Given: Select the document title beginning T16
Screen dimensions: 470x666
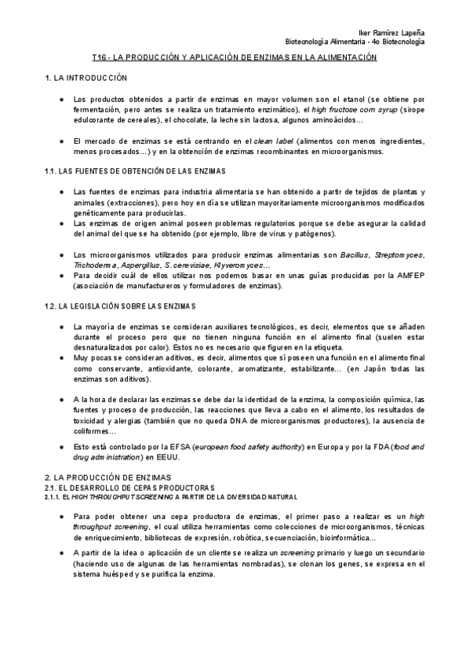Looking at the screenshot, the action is tap(235, 58).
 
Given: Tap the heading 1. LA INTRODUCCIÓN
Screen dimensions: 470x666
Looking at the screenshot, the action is tap(82, 79).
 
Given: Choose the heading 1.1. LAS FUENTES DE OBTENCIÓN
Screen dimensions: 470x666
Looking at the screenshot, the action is tap(135, 171).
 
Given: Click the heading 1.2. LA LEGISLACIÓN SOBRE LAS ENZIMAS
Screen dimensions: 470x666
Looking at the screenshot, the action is tap(129, 306).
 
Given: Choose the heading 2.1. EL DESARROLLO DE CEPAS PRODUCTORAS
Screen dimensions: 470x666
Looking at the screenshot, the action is tap(118, 488).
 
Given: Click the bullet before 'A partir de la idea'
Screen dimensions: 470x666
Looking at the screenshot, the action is tap(61, 554).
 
